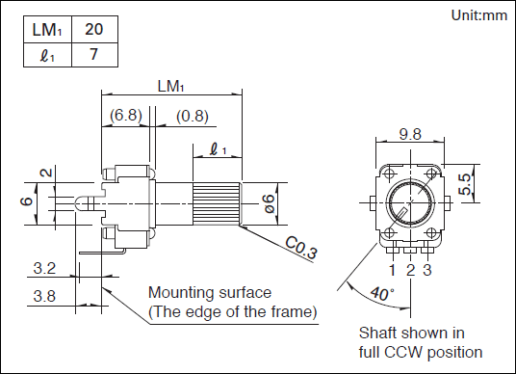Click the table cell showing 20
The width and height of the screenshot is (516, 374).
pos(94,29)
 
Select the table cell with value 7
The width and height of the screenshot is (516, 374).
pos(94,55)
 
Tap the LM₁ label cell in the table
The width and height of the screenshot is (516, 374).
pos(47,29)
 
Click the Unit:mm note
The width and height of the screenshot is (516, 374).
pos(478,15)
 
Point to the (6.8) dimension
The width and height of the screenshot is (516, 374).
pos(126,116)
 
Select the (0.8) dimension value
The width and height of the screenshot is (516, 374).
pos(193,116)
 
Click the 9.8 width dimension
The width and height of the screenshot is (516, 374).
pos(410,134)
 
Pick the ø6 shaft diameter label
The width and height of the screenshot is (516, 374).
pos(269,203)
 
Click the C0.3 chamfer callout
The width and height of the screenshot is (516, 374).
pos(301,248)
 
